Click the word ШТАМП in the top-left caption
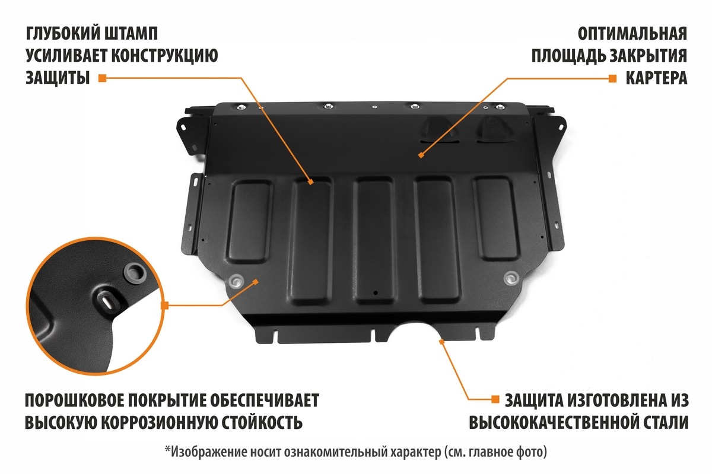point(130,34)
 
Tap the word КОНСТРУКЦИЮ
point(165,56)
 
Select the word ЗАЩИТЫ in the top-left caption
point(58,78)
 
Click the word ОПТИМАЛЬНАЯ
point(632,34)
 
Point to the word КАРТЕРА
point(656,78)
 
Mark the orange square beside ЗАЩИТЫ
point(102,78)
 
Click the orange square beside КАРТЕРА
point(612,78)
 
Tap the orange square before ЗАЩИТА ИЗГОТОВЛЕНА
point(495,399)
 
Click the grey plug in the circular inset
point(135,273)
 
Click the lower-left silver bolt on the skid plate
point(236,281)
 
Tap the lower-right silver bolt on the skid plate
point(511,278)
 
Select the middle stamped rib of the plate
point(374,240)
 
